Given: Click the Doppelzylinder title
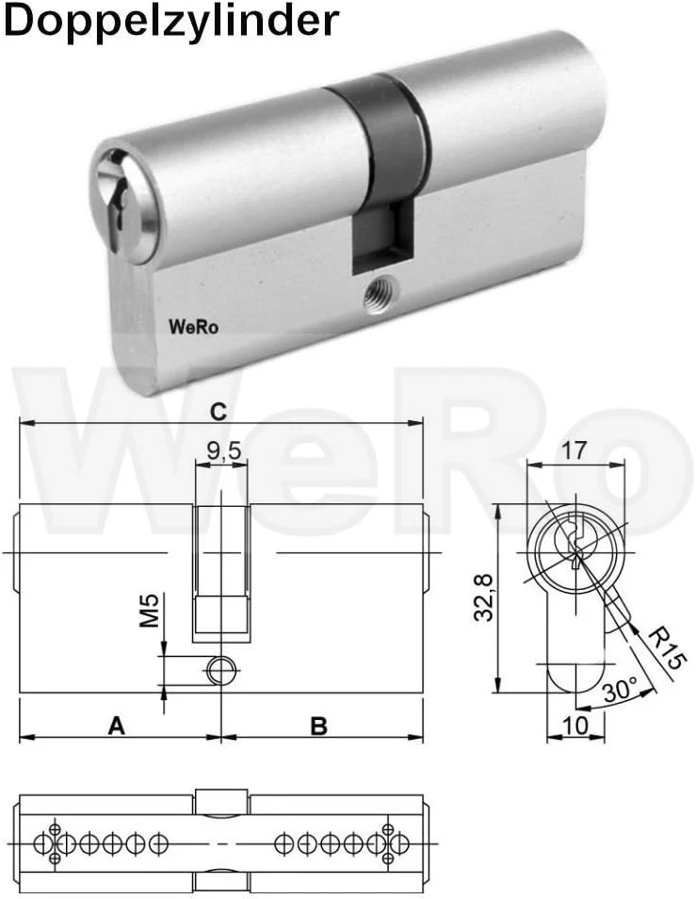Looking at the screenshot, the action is point(170,21).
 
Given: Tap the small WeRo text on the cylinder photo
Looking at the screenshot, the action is point(193,327).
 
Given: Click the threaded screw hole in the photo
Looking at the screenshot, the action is point(379,296).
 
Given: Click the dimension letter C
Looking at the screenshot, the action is point(219,411).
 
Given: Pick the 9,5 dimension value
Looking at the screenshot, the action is point(224,452).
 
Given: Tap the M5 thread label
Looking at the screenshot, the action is point(149,611).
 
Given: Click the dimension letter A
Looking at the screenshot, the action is point(116,726).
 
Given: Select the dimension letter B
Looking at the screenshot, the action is point(318,726).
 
